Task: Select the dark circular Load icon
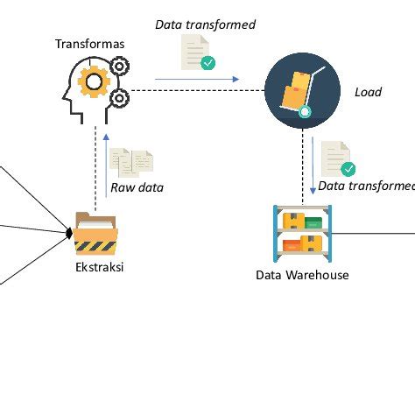coord(302,90)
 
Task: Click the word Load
coord(368,92)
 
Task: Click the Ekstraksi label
coord(99,268)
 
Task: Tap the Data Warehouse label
coord(302,275)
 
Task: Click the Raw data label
coord(137,187)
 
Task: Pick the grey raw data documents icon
coord(131,161)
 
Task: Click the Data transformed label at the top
coord(205,25)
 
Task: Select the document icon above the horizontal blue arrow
coord(194,51)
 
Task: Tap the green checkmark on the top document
coord(208,62)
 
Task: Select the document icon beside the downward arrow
coord(336,158)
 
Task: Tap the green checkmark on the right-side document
coord(348,169)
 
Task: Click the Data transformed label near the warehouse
coord(366,186)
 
